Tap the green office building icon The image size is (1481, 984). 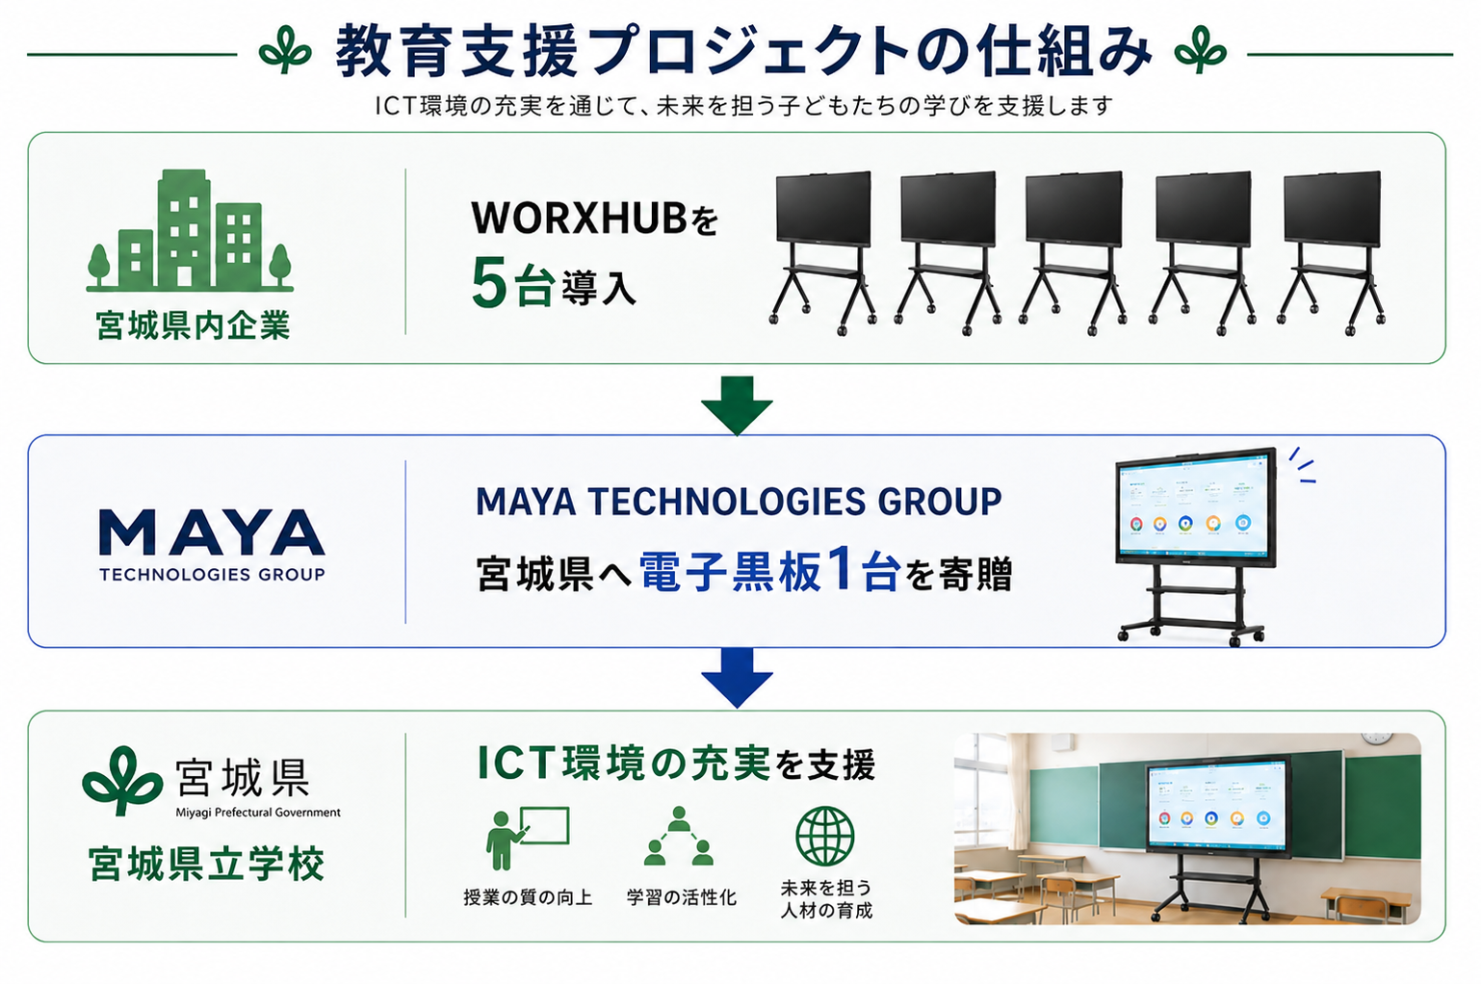tap(190, 231)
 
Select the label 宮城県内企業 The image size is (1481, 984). tap(193, 325)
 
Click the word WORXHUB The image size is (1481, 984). tap(579, 219)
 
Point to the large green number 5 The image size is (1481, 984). tap(489, 283)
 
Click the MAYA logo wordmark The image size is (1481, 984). tap(212, 533)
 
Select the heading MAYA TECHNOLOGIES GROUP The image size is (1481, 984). tap(739, 502)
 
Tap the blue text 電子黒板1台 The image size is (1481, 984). tap(770, 570)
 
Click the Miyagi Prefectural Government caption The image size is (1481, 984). tap(258, 812)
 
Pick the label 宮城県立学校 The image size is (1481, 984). tap(206, 864)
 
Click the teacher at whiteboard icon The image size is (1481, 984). tap(527, 838)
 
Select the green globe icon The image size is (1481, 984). tap(825, 836)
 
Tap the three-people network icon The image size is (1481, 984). tap(679, 836)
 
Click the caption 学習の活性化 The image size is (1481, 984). tap(682, 897)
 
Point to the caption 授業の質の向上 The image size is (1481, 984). tap(528, 897)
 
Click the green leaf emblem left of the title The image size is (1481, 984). tap(285, 50)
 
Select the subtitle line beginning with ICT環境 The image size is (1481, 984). tap(743, 106)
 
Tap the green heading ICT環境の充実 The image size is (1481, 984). tap(624, 764)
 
